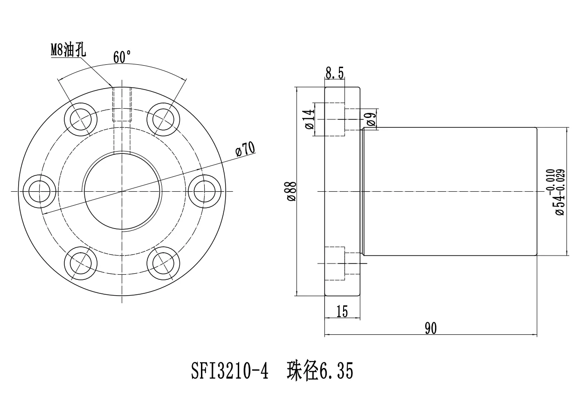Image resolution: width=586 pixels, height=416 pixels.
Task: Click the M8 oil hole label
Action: [x=68, y=49]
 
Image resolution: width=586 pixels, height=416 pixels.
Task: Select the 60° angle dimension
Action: [x=122, y=57]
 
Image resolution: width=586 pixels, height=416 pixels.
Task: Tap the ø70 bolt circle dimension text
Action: [x=245, y=149]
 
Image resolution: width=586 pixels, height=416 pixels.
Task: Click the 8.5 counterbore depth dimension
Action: [x=335, y=73]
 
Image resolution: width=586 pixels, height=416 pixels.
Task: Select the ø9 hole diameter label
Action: [x=372, y=119]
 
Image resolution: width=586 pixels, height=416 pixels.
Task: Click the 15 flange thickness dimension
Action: [x=342, y=312]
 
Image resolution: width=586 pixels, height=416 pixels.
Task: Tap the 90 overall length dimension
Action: [x=430, y=328]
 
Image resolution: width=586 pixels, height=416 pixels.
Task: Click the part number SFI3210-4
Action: [x=230, y=372]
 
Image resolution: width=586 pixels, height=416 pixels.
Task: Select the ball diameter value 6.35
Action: [x=336, y=372]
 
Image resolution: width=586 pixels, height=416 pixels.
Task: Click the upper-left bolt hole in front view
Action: [x=82, y=120]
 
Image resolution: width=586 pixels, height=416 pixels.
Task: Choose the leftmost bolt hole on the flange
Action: [x=41, y=192]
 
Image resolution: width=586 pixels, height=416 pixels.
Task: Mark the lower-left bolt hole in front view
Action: [x=82, y=263]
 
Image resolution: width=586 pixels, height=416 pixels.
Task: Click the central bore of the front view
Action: [x=123, y=192]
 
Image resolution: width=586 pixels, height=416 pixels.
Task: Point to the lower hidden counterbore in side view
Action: [x=335, y=263]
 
